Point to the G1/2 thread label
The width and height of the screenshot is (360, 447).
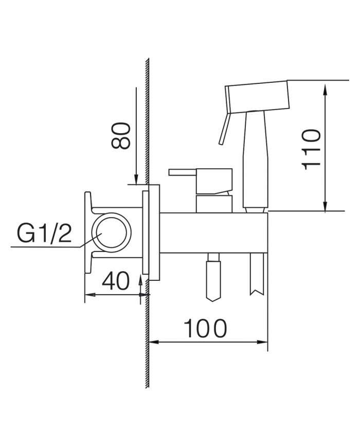pyautogui.click(x=44, y=234)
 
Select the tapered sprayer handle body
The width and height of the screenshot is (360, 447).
pyautogui.click(x=256, y=159)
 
